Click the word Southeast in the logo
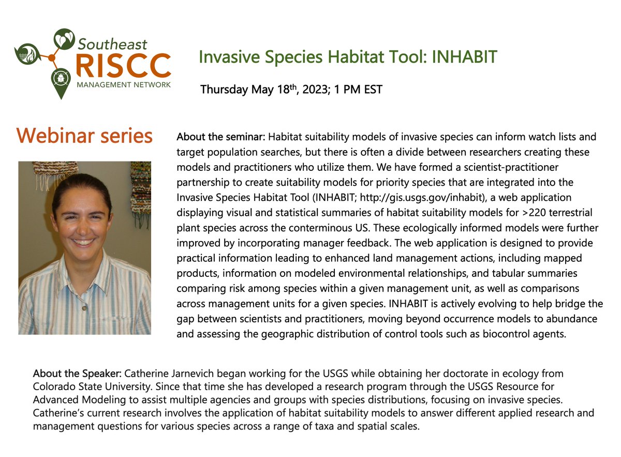112,43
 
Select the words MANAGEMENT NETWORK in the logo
123,84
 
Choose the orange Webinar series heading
84,136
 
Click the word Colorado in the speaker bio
52,385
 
